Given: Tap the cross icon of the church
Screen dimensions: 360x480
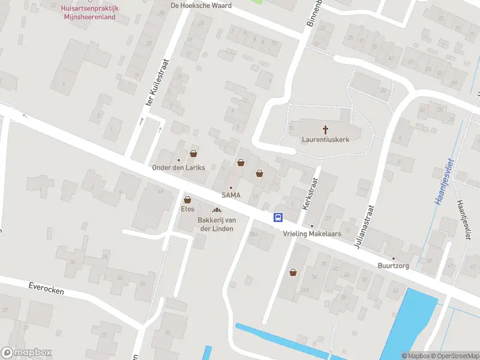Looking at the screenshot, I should (326, 128).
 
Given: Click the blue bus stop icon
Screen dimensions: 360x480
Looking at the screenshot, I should (278, 217).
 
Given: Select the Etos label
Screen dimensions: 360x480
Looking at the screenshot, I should (187, 209).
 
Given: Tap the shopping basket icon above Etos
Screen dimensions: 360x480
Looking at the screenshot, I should (187, 199).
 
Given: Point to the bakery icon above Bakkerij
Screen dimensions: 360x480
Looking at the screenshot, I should (217, 209).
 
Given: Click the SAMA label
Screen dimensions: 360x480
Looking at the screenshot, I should (231, 195).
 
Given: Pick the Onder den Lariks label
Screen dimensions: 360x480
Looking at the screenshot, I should (179, 167).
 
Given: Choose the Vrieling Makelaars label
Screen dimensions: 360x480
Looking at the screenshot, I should (311, 234).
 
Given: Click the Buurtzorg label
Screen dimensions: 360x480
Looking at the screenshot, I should (394, 266).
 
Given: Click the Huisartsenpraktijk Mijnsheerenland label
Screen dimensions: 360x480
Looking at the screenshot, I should (88, 13).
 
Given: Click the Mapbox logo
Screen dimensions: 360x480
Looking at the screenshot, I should (26, 353).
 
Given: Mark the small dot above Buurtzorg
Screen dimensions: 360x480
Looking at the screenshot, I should (394, 259).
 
